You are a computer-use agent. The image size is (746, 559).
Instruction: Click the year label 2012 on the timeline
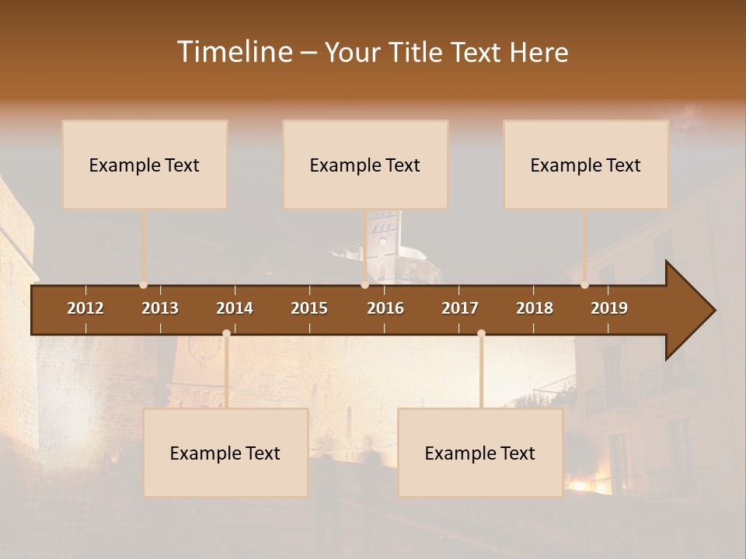tap(85, 308)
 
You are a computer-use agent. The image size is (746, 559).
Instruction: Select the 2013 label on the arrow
tap(160, 308)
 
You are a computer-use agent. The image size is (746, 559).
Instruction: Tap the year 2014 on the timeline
tap(235, 308)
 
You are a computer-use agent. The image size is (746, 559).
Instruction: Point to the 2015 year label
tap(309, 308)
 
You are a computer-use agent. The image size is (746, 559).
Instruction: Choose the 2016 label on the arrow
tap(385, 308)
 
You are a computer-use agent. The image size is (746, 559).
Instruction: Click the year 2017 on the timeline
tap(460, 308)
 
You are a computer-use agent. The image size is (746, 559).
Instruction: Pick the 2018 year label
tap(535, 308)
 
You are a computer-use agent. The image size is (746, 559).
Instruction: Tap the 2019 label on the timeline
tap(609, 308)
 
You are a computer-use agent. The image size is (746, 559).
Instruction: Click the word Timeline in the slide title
tap(234, 52)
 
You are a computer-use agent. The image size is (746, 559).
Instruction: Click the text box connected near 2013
tap(145, 165)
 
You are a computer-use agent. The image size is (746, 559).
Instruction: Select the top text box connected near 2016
tap(365, 165)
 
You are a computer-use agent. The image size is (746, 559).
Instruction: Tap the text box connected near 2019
tap(586, 165)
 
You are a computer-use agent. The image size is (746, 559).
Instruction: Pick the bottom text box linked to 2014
tap(225, 453)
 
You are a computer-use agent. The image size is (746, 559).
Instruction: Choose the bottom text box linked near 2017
tap(480, 453)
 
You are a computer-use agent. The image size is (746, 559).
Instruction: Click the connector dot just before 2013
tap(143, 285)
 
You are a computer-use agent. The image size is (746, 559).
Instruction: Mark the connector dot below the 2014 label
tap(226, 333)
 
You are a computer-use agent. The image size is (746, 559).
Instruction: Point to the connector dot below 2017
tap(481, 333)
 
